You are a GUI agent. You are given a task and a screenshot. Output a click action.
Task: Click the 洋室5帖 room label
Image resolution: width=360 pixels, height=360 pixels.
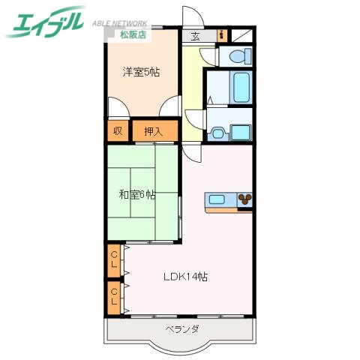141,72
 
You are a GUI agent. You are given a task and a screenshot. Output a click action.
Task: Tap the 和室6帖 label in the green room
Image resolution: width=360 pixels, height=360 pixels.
137,194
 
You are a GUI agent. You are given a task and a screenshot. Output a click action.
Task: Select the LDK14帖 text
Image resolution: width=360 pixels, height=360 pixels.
185,276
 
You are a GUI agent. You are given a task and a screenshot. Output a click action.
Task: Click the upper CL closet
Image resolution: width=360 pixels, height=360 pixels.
114,260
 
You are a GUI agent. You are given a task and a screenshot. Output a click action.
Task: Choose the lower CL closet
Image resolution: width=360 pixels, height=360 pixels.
114,296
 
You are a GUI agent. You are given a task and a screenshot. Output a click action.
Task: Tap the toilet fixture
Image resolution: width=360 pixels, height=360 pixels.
238,56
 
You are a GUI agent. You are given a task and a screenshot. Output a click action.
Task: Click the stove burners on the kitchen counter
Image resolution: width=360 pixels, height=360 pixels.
245,199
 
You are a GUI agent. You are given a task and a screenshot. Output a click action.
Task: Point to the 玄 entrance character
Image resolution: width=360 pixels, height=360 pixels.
195,34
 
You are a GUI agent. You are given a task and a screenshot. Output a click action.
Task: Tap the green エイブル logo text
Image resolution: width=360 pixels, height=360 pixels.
45,25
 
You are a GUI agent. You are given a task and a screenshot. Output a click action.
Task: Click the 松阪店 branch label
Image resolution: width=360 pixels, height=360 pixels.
135,33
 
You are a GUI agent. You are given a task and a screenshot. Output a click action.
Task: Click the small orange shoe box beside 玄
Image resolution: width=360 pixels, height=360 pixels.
221,34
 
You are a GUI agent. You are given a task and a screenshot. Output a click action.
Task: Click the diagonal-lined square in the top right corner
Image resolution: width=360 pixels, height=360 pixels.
242,34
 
